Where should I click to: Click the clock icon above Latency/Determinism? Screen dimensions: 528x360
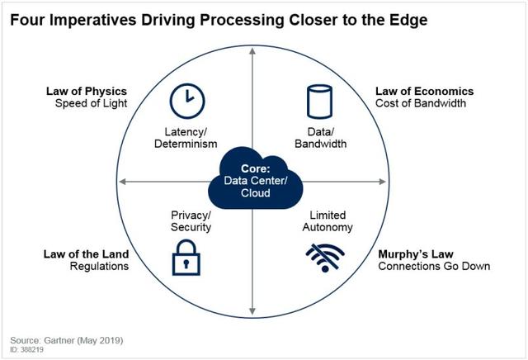pyautogui.click(x=187, y=101)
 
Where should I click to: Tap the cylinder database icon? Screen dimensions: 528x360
pyautogui.click(x=319, y=102)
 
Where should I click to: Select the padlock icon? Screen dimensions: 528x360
pyautogui.click(x=186, y=258)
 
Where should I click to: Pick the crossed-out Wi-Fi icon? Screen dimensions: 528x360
pyautogui.click(x=325, y=258)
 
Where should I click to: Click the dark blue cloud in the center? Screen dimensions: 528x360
pyautogui.click(x=255, y=178)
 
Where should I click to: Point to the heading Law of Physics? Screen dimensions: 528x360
pyautogui.click(x=87, y=91)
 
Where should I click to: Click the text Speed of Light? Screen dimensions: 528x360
pyautogui.click(x=92, y=103)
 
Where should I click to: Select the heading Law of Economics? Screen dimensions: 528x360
pyautogui.click(x=425, y=91)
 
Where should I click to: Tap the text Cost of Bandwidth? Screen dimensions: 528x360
pyautogui.click(x=421, y=103)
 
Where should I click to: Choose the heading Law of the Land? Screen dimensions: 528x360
pyautogui.click(x=86, y=253)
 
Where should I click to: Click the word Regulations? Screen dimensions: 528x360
pyautogui.click(x=99, y=266)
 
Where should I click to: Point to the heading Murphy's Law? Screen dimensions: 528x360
pyautogui.click(x=416, y=253)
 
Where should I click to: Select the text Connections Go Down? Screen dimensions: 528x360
pyautogui.click(x=434, y=266)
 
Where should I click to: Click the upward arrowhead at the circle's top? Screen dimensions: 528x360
pyautogui.click(x=252, y=51)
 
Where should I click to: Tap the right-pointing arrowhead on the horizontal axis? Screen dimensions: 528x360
pyautogui.click(x=383, y=182)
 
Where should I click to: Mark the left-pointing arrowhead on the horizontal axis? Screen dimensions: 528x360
pyautogui.click(x=123, y=182)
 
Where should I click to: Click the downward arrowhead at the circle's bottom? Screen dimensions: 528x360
pyautogui.click(x=252, y=311)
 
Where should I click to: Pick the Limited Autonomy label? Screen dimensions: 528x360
pyautogui.click(x=328, y=221)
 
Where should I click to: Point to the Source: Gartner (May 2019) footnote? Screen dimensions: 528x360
pyautogui.click(x=67, y=340)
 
